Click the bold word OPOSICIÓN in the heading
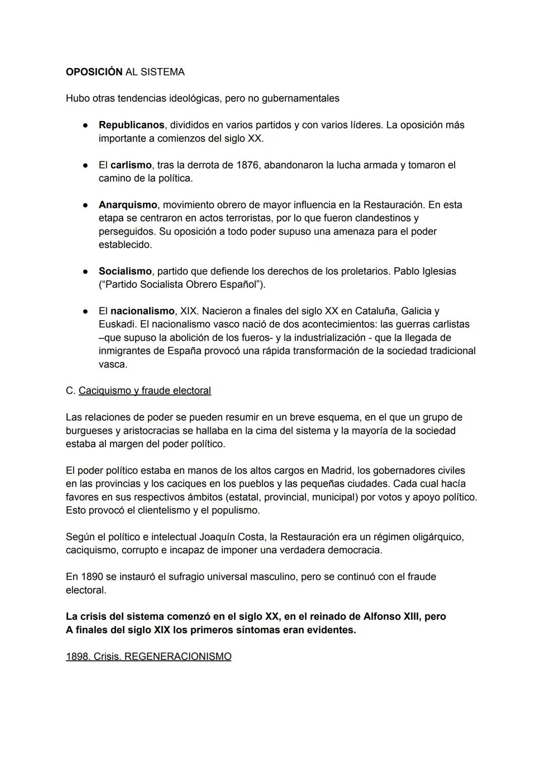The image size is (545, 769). coord(94,72)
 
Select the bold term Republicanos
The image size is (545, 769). coord(131,125)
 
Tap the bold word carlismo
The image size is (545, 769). coord(131,165)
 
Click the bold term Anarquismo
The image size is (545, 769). coord(128,205)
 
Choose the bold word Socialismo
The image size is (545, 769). coord(125,271)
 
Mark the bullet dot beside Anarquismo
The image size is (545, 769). coord(86,205)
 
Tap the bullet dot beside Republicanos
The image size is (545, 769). coord(86,125)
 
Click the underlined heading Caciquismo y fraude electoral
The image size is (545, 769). coord(145,391)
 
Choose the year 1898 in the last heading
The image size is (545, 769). coord(77,657)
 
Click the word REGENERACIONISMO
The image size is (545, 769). coord(178,657)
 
